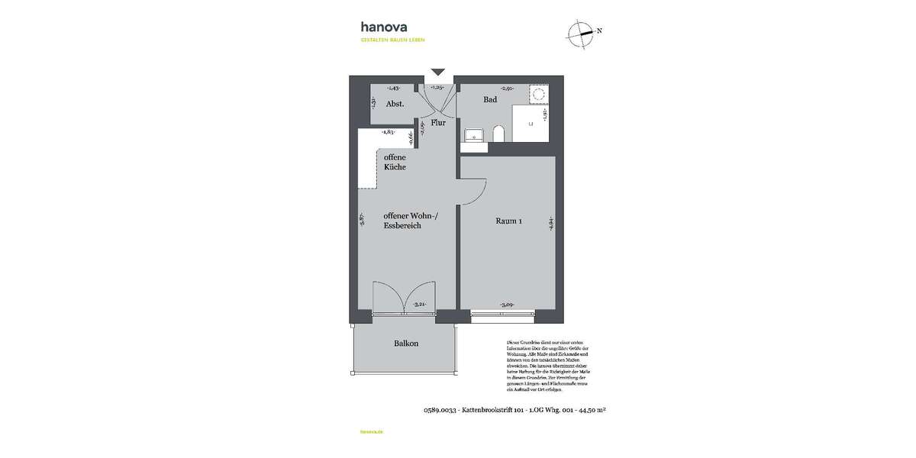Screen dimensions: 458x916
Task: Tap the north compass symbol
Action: pyautogui.click(x=582, y=32)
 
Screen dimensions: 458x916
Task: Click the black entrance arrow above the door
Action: pyautogui.click(x=437, y=72)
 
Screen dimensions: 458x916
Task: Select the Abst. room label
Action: pyautogui.click(x=394, y=105)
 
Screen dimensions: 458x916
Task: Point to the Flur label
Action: pyautogui.click(x=437, y=122)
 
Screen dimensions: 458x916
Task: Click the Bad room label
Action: pyautogui.click(x=490, y=99)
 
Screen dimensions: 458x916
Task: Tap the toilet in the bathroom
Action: pyautogui.click(x=498, y=134)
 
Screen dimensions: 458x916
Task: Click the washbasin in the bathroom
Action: pyautogui.click(x=475, y=135)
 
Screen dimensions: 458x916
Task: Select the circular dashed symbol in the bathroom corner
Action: pyautogui.click(x=538, y=95)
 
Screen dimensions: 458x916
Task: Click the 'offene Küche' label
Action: pyautogui.click(x=395, y=162)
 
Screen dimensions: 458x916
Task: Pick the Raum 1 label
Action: pyautogui.click(x=508, y=222)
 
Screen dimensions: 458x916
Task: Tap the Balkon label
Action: pyautogui.click(x=405, y=343)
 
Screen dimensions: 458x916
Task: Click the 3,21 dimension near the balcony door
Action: pyautogui.click(x=418, y=305)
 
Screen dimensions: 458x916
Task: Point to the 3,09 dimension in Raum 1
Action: pyautogui.click(x=505, y=305)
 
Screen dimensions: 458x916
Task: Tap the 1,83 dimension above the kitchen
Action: pyautogui.click(x=388, y=132)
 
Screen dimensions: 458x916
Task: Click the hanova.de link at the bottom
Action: pyautogui.click(x=370, y=432)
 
